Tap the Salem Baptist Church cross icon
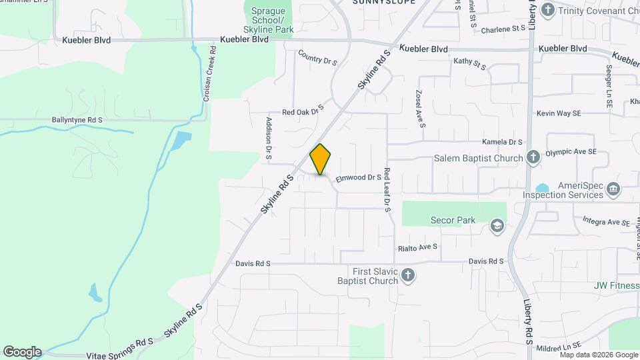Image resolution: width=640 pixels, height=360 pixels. coord(533,157)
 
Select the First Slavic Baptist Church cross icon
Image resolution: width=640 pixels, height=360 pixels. coord(408,275)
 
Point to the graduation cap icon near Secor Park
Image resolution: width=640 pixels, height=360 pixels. coord(496,226)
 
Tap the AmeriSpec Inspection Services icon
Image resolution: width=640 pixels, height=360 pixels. coord(613,190)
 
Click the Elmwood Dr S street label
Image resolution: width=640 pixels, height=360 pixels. coord(358,178)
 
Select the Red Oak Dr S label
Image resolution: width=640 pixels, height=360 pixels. coord(303,110)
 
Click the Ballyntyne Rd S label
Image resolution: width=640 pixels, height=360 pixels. coord(77,120)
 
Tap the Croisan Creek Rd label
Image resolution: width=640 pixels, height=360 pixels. coord(208,71)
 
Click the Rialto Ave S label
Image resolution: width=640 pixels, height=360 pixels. coord(417,247)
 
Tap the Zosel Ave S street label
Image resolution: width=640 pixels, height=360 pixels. coord(420,109)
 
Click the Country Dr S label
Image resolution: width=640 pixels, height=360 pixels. coord(318,57)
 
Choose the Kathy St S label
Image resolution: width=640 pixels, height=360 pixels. coord(471,62)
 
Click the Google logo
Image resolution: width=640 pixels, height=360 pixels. coord(22,352)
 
